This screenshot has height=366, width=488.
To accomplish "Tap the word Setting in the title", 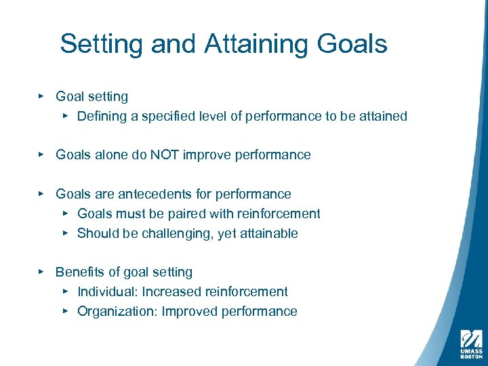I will click(102, 44).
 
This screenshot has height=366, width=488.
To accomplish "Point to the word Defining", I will click(102, 117).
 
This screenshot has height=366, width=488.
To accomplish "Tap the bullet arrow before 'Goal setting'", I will click(41, 97).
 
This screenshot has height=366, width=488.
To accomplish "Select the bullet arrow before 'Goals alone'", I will click(41, 155).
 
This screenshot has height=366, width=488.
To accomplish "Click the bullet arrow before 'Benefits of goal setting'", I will click(41, 272).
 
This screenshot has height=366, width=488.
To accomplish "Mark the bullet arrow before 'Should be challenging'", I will click(65, 234).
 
